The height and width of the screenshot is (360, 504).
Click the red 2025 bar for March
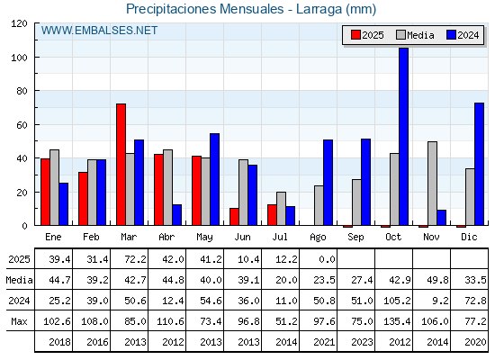click(x=121, y=164)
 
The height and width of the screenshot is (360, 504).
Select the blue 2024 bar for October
click(x=404, y=137)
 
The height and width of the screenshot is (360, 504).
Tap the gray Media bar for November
click(x=432, y=184)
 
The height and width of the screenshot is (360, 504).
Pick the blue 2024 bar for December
click(x=479, y=164)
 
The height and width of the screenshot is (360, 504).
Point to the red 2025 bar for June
click(x=234, y=217)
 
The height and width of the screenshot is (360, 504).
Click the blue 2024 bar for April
click(x=176, y=215)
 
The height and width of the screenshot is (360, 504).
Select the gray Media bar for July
click(x=281, y=209)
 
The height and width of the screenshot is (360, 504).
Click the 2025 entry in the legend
click(x=367, y=35)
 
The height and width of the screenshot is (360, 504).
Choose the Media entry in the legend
click(x=415, y=35)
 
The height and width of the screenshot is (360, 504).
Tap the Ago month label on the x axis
click(x=318, y=238)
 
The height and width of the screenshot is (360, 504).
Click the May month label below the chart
click(x=205, y=238)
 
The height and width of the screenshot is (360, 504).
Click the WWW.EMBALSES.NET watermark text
click(x=99, y=31)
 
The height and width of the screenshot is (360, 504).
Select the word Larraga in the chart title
click(x=319, y=9)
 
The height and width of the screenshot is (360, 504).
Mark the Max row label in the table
click(x=19, y=321)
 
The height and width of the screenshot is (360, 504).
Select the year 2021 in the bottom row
click(x=324, y=342)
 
